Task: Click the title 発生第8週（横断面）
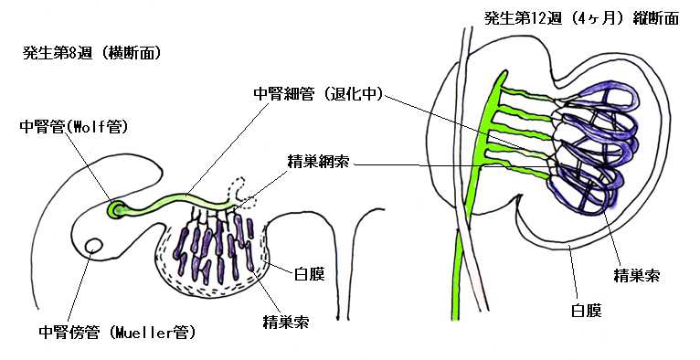click(x=91, y=54)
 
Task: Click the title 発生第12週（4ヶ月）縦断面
click(x=582, y=18)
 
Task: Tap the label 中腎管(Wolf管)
click(x=74, y=127)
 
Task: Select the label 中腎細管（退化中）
click(x=318, y=94)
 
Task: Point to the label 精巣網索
click(x=319, y=163)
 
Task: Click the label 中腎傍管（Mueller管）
click(x=117, y=333)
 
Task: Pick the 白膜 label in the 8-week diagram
click(x=309, y=274)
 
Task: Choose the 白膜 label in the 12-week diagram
click(x=587, y=310)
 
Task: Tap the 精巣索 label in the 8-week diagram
click(x=286, y=322)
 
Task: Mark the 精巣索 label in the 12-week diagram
click(x=637, y=275)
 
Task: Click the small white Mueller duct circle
click(x=94, y=245)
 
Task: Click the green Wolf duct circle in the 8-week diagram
click(x=116, y=209)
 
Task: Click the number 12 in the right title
click(x=536, y=19)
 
